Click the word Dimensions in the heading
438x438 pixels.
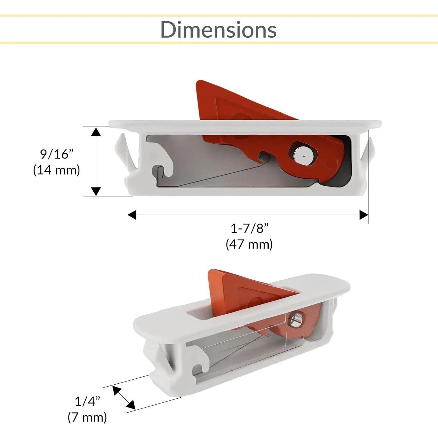(218, 29)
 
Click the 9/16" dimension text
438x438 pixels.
(56, 154)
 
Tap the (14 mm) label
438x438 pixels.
(56, 170)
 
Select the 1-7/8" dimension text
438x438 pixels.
(249, 228)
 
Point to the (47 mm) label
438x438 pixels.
(249, 244)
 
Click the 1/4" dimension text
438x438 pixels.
(87, 401)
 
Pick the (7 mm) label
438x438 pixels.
(87, 417)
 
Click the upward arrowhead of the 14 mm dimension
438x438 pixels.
(96, 132)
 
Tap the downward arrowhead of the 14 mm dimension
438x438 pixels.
(96, 191)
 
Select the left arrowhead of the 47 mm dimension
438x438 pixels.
(132, 215)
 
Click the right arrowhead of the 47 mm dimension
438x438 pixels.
(364, 215)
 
